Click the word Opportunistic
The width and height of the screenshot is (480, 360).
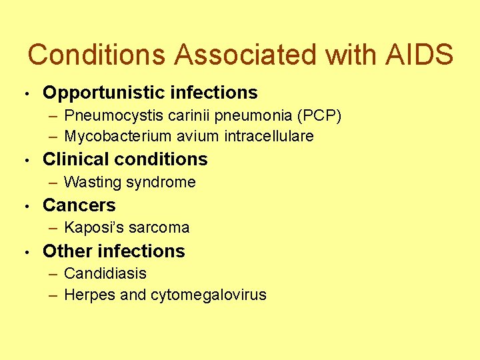pos(102,93)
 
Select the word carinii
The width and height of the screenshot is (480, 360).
pos(178,116)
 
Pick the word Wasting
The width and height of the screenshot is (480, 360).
pos(90,182)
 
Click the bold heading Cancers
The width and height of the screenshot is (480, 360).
pos(79,205)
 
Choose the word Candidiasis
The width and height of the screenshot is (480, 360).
pos(105,274)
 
